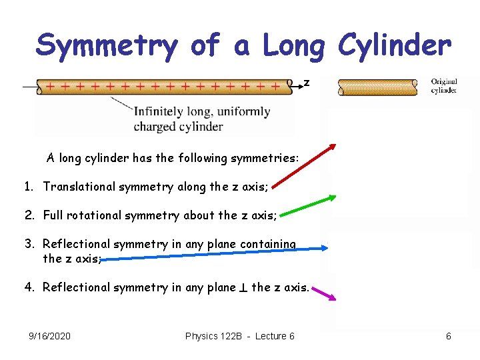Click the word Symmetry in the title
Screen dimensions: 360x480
pos(107,45)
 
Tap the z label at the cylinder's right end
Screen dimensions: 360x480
pos(307,83)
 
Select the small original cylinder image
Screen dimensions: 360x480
pos(377,87)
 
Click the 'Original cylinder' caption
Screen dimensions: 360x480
pos(443,86)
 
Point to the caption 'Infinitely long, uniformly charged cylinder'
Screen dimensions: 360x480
pos(201,119)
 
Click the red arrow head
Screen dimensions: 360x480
pos(333,148)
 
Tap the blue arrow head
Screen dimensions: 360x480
pos(325,248)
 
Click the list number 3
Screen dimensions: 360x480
pos(29,244)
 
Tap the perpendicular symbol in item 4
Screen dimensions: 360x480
pos(243,288)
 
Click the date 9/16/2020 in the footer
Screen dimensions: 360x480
pos(50,336)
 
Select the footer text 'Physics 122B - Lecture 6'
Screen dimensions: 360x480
pos(239,336)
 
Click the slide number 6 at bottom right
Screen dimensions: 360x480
pos(448,336)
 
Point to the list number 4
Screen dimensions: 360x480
pos(29,287)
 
